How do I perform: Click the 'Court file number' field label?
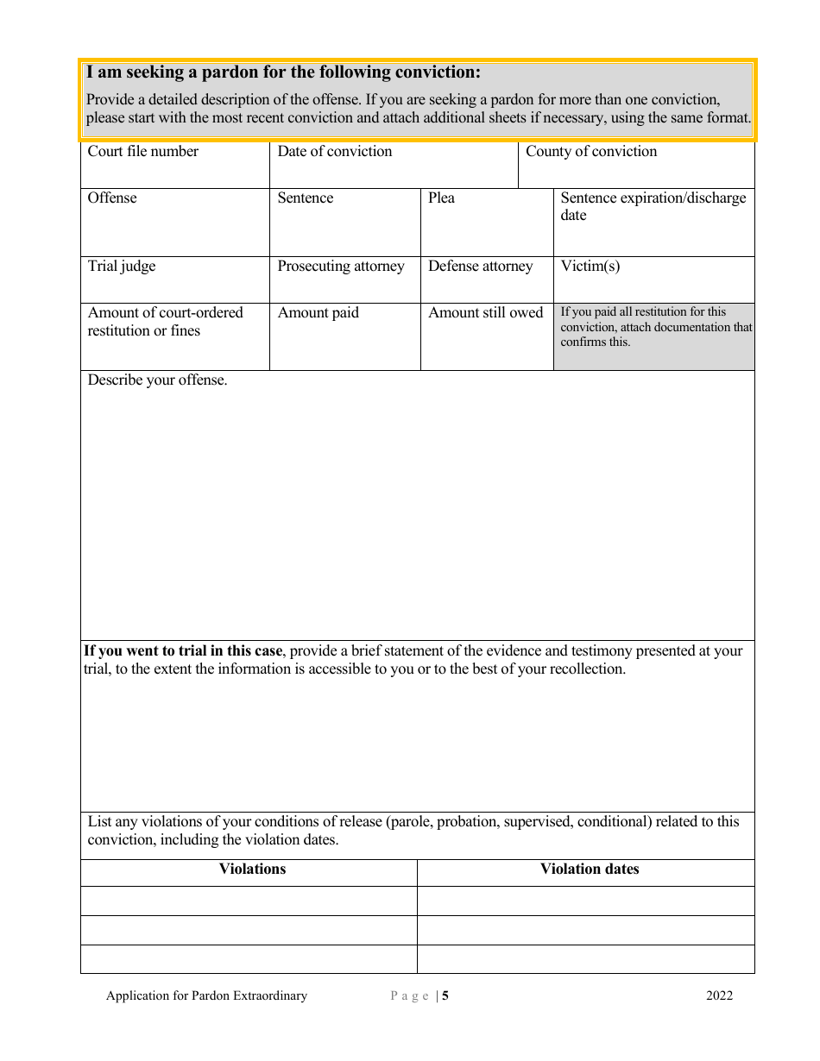(142, 152)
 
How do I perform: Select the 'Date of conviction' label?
(334, 152)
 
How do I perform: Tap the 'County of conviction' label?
(591, 152)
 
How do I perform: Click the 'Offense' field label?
(112, 198)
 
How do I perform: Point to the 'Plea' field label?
(441, 198)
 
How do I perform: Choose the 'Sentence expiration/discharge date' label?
(653, 206)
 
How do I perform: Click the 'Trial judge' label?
(122, 267)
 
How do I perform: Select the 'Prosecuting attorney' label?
(341, 267)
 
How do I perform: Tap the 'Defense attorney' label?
(481, 267)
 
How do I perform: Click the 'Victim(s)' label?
(590, 267)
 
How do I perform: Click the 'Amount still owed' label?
(485, 313)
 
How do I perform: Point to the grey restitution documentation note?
(654, 327)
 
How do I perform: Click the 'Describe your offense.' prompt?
(157, 380)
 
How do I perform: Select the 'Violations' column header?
(252, 870)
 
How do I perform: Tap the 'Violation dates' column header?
(590, 870)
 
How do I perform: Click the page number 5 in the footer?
(445, 996)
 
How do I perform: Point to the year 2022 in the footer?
(719, 996)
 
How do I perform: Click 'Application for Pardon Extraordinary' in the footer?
(206, 996)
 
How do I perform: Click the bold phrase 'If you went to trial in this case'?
(183, 651)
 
